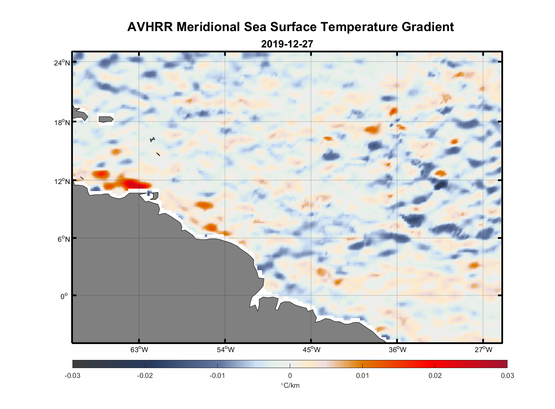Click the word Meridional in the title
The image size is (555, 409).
tap(209, 27)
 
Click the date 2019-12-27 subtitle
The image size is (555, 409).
tap(287, 44)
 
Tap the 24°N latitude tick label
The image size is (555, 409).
tap(62, 63)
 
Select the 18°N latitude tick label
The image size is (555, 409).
tap(62, 122)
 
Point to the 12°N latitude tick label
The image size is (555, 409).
tap(62, 181)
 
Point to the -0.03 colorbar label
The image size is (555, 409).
tap(72, 375)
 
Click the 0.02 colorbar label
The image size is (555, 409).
tap(435, 375)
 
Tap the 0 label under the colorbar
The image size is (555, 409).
tap(290, 375)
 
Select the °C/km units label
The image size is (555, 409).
tap(290, 385)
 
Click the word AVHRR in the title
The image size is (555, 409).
tap(150, 27)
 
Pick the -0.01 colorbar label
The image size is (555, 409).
tap(217, 375)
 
